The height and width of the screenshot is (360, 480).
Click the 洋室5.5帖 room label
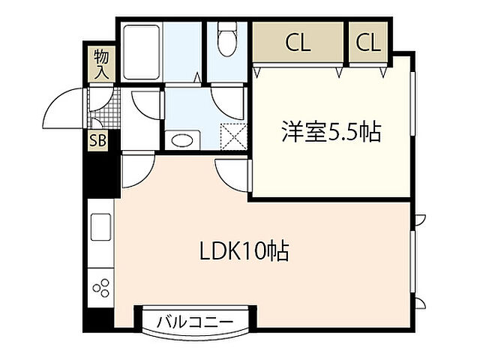331,133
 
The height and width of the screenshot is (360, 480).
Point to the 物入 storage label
101,64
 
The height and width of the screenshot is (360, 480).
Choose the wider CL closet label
297,43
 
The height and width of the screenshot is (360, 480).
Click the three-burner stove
101,287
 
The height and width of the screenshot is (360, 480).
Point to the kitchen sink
100,226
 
